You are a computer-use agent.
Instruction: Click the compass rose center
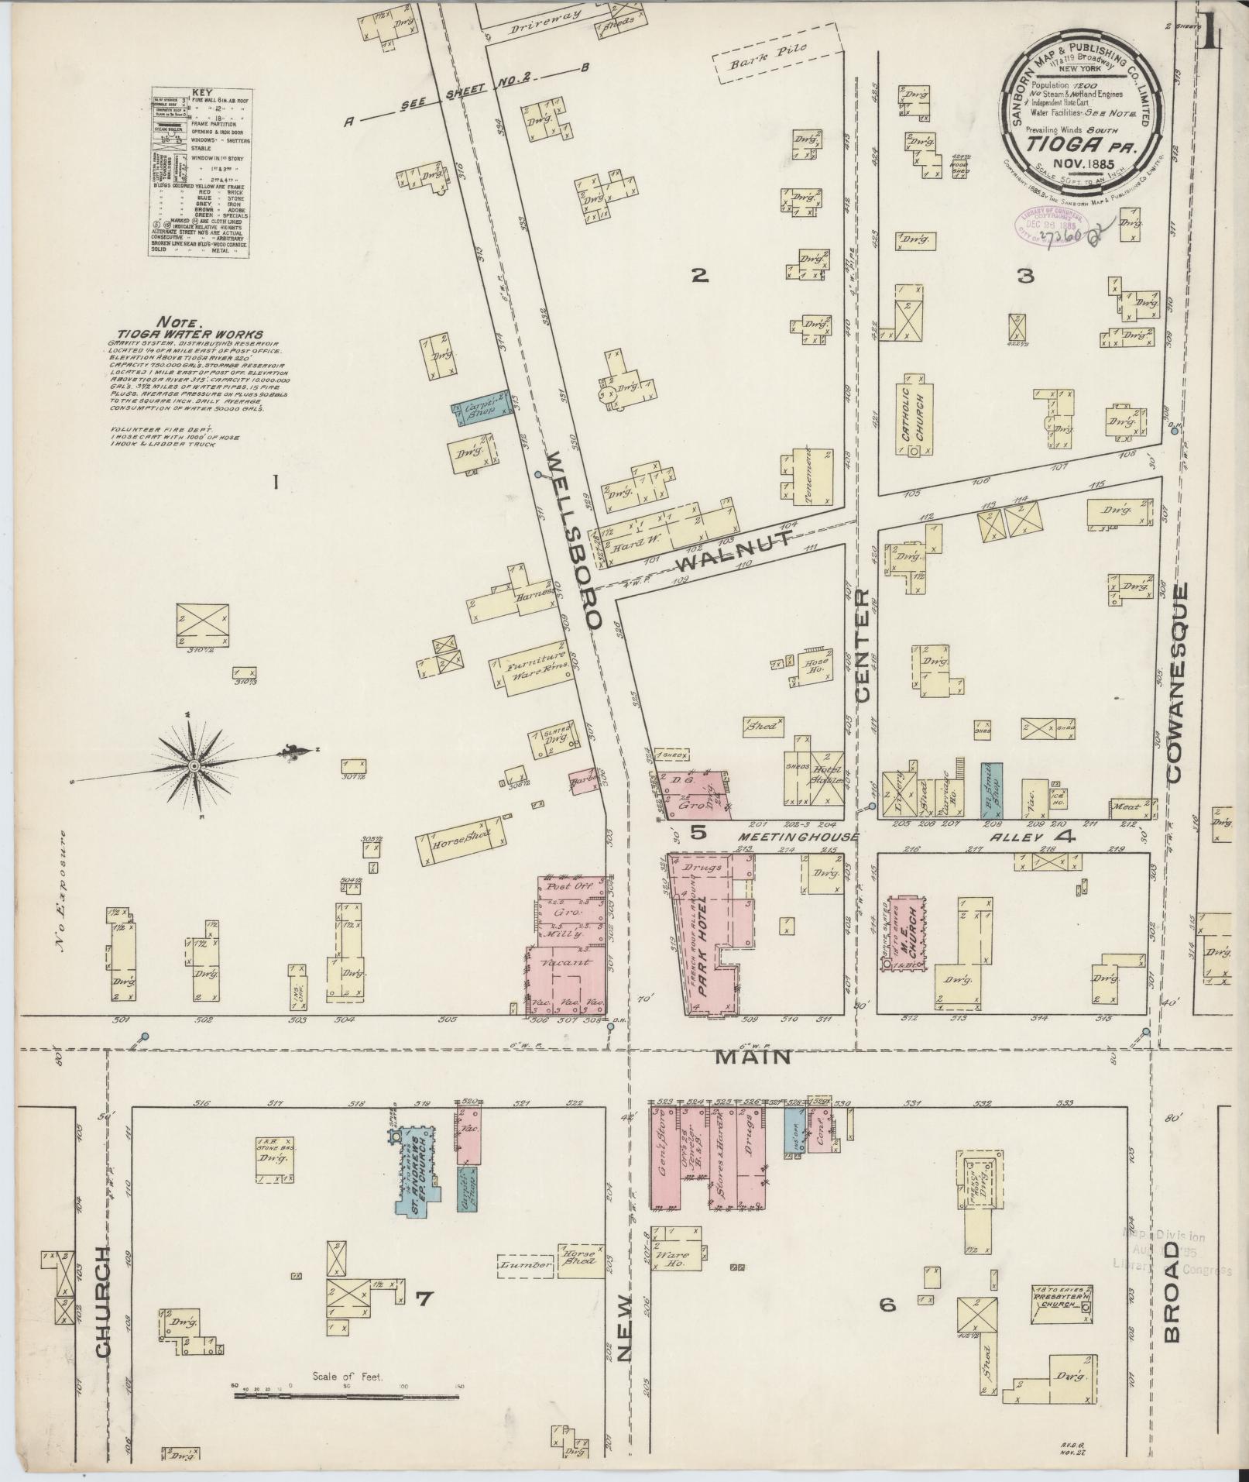(194, 766)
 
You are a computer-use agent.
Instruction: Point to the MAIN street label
(752, 1056)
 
